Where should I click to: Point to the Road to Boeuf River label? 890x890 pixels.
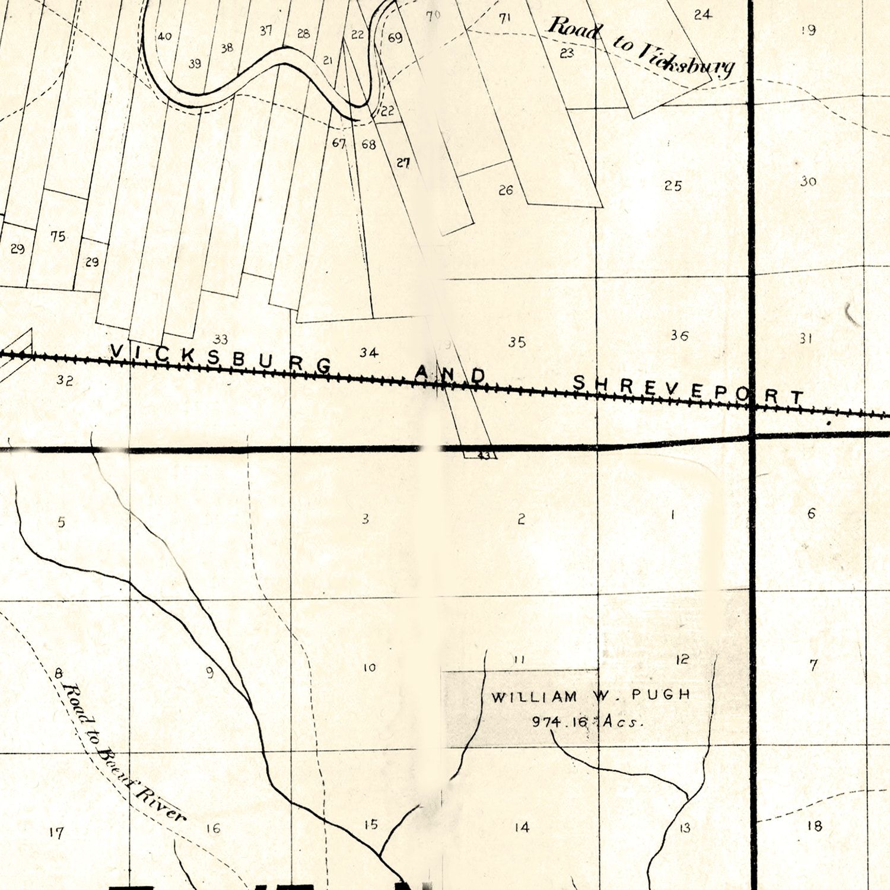click(122, 754)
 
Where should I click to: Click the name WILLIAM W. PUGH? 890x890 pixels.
click(591, 695)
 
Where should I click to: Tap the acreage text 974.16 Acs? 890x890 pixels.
click(587, 722)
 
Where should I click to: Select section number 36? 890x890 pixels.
click(679, 336)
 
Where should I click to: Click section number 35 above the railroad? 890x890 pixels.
click(517, 342)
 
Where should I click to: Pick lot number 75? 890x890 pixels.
click(58, 236)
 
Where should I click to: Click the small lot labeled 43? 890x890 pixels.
click(484, 456)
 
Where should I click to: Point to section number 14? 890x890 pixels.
click(522, 827)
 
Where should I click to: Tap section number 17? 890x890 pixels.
click(56, 833)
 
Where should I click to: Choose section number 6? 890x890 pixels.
click(812, 513)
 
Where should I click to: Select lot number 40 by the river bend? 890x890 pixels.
click(164, 36)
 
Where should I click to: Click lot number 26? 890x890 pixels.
click(506, 190)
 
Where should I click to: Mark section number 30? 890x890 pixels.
click(808, 182)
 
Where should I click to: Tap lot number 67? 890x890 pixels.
click(339, 143)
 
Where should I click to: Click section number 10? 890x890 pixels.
click(369, 667)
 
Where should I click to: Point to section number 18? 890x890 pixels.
click(815, 826)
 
